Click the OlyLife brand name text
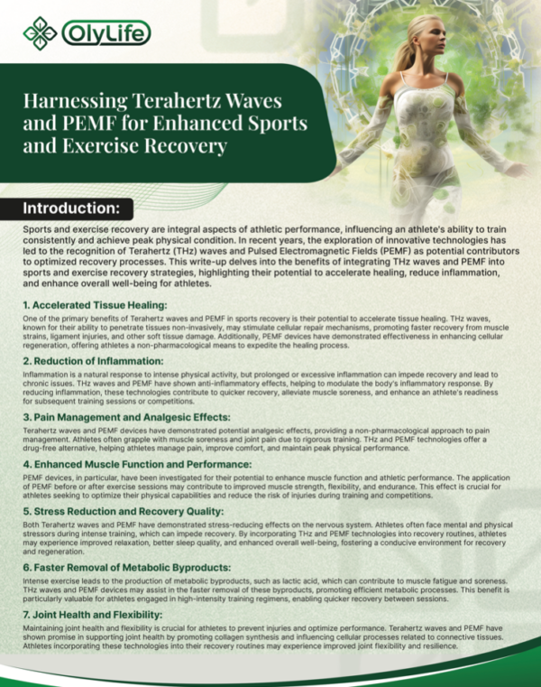(x=105, y=34)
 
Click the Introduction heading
(x=71, y=209)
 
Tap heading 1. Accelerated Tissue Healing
(x=96, y=307)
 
